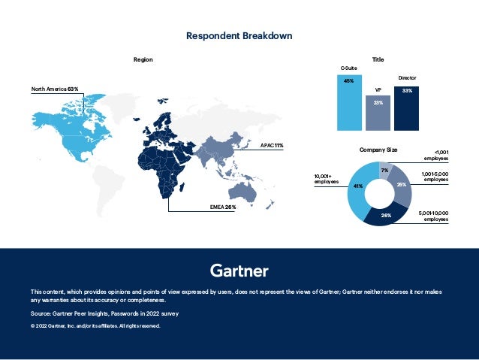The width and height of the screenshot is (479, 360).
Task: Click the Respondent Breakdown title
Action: tap(239, 35)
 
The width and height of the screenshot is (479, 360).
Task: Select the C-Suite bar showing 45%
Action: tap(349, 101)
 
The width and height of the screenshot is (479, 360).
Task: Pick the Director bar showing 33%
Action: tap(406, 107)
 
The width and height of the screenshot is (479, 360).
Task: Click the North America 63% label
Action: tap(55, 89)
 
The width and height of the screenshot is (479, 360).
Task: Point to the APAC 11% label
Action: tap(271, 144)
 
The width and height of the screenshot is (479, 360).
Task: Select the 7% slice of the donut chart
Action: tap(384, 171)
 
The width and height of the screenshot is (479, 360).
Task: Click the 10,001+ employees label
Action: tap(327, 179)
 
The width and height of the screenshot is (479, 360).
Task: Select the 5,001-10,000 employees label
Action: tap(433, 216)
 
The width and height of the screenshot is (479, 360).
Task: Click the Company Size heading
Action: tap(378, 150)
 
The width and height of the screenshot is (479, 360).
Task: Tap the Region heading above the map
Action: tap(143, 59)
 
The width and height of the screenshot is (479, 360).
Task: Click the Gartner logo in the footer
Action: tap(239, 270)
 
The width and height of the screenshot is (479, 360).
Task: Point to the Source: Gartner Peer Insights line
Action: tap(104, 313)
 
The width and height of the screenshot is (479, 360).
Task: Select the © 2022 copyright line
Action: tap(95, 325)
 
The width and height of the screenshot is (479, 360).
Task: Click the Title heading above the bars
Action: tap(378, 59)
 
